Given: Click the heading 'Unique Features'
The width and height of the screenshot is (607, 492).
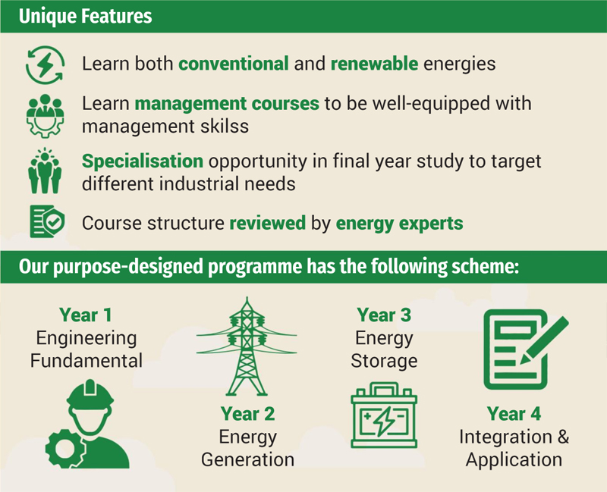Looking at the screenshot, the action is (x=85, y=16).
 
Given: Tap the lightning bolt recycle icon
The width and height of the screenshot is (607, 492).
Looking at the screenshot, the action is (x=45, y=64).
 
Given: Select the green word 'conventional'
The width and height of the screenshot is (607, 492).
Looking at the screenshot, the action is (x=234, y=64).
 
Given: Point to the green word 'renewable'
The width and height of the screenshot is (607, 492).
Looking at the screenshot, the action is (x=374, y=64).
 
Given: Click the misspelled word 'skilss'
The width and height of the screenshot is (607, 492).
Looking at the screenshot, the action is (x=225, y=126).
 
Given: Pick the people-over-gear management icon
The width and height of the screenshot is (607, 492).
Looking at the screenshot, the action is (x=45, y=116).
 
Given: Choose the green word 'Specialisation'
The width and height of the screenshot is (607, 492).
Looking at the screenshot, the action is (x=143, y=161).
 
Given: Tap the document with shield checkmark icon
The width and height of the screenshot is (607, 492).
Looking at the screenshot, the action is (x=47, y=221).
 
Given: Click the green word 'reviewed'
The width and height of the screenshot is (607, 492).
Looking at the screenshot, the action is (x=268, y=223).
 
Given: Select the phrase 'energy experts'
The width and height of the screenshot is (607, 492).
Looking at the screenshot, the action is (x=400, y=224).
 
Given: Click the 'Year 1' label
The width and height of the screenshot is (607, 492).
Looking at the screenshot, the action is (x=86, y=315).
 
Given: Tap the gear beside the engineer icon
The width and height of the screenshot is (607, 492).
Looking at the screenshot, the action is (x=64, y=449).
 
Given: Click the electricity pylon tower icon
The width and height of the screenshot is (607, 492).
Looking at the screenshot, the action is (x=247, y=346).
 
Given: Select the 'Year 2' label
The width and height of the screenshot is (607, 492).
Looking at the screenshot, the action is (x=248, y=414).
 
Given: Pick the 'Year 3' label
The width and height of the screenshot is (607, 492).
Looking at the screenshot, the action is (x=384, y=315).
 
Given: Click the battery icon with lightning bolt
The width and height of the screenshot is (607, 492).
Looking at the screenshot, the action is (x=384, y=415).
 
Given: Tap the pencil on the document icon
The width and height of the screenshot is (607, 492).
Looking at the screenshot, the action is (x=544, y=340).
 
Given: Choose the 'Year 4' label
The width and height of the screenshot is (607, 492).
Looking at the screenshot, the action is (x=514, y=414).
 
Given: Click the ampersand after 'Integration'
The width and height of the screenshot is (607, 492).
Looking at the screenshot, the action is (x=563, y=437).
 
